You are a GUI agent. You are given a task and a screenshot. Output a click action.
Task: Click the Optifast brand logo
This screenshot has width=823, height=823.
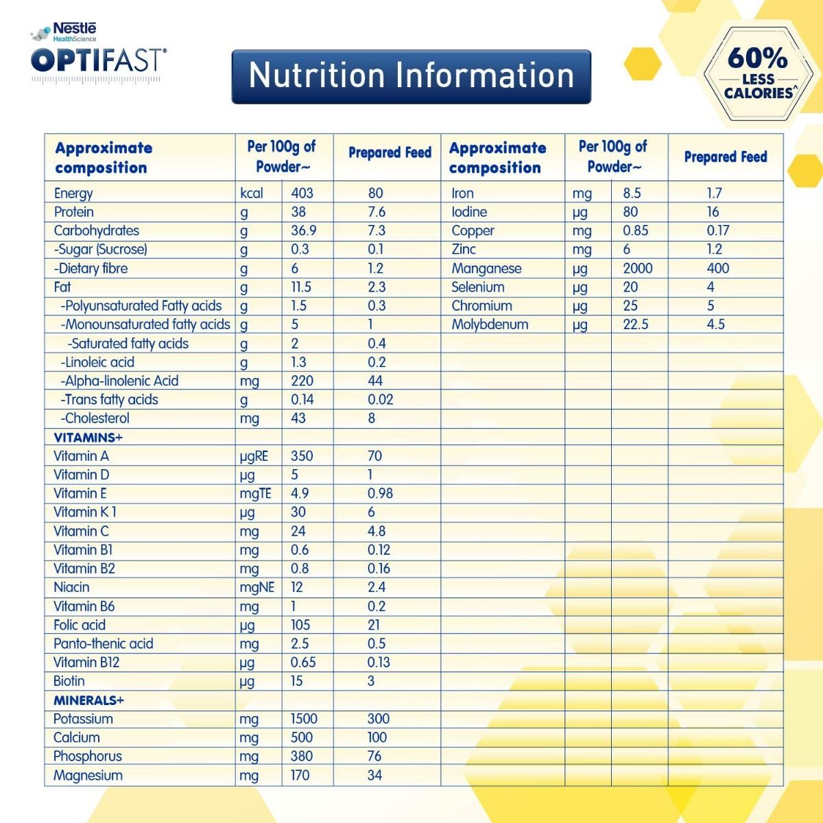[x=98, y=58]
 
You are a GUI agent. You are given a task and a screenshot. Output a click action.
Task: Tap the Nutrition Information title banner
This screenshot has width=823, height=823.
[x=411, y=76]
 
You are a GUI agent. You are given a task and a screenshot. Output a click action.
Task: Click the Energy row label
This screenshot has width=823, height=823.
[x=73, y=193]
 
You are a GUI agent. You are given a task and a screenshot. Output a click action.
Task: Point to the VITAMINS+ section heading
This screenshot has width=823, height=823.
[x=88, y=438]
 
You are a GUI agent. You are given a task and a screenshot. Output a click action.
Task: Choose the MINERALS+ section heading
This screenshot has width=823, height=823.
[x=88, y=700]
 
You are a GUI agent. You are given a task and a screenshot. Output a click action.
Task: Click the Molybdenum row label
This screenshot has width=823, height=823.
[x=490, y=324]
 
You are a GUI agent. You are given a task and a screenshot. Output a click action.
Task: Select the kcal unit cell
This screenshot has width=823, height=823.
[x=252, y=193]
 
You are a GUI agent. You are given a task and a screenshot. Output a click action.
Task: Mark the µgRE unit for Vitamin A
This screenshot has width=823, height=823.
[x=254, y=456]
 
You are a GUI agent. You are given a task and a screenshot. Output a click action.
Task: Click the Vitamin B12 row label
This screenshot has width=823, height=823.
[x=86, y=663]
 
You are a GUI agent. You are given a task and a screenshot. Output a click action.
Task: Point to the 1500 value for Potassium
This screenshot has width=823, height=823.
[x=304, y=719]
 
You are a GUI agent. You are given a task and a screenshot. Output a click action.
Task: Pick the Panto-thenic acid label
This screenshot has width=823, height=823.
[x=103, y=644]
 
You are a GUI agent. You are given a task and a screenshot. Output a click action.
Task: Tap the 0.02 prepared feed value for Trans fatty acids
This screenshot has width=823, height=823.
[x=380, y=400]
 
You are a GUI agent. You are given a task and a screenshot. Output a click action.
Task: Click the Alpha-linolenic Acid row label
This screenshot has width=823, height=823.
[x=121, y=381]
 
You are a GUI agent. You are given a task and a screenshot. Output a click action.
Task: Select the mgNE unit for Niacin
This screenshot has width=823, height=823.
[x=257, y=588]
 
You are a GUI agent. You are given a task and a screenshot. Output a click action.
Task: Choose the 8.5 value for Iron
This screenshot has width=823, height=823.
[x=632, y=193]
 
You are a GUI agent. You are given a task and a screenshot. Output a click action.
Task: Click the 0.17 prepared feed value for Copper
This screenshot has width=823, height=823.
[x=717, y=231]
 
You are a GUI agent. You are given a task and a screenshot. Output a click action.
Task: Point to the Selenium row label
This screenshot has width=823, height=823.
[x=477, y=287]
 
